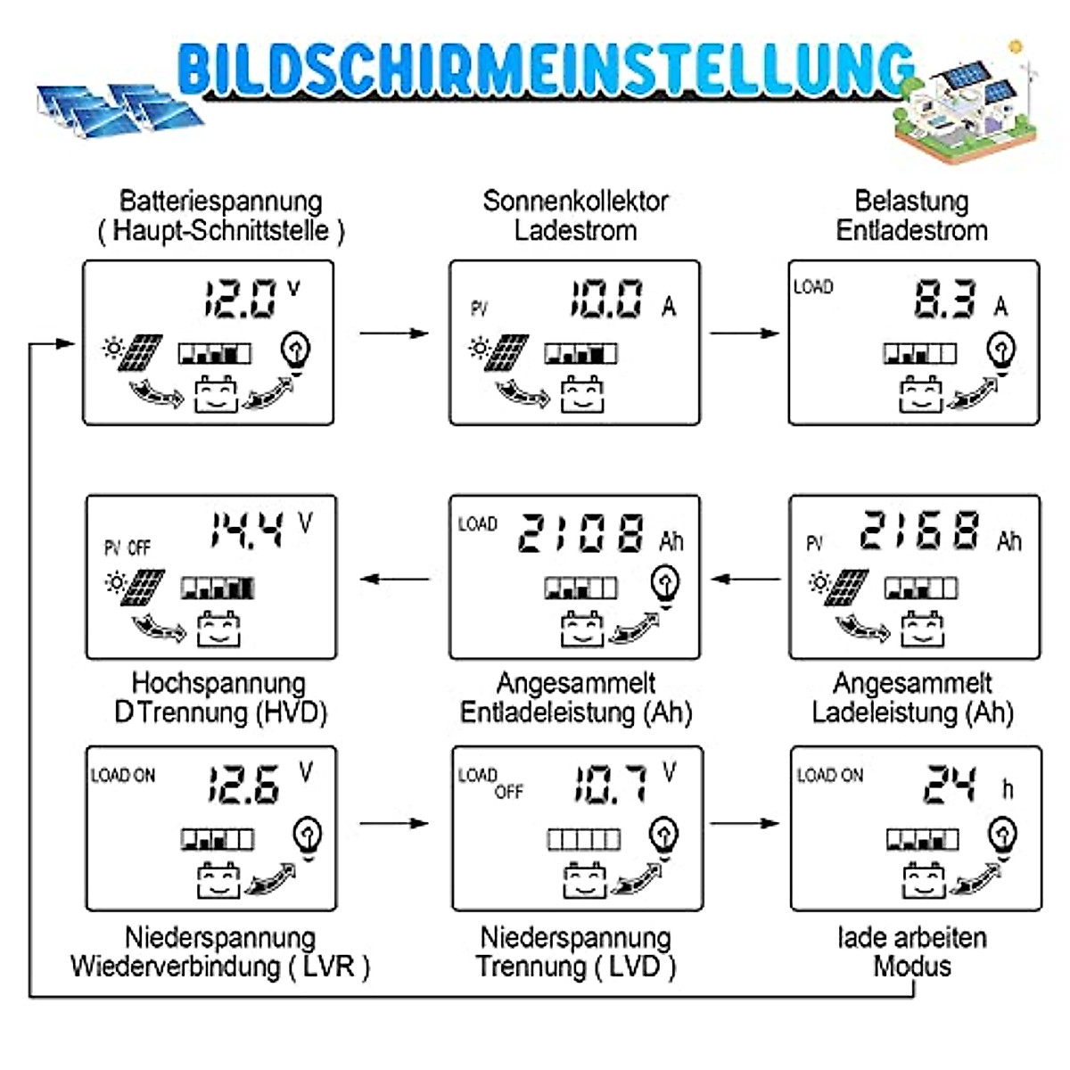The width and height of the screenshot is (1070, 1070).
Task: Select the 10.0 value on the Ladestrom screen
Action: (x=606, y=299)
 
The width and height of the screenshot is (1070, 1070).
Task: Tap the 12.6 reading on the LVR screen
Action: (x=243, y=785)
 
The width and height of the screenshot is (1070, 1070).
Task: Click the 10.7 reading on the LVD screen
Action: (x=609, y=783)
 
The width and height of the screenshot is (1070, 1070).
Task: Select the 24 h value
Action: (x=950, y=785)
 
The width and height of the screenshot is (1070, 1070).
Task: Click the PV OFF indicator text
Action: (x=128, y=547)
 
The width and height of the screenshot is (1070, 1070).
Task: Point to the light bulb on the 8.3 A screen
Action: (x=1001, y=351)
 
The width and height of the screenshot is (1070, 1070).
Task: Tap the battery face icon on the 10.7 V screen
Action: (x=584, y=880)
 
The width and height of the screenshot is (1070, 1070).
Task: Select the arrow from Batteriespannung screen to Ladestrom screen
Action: (x=394, y=333)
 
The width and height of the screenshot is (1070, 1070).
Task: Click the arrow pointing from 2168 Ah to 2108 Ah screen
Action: (x=746, y=580)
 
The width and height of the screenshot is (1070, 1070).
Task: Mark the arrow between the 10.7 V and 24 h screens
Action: (x=745, y=823)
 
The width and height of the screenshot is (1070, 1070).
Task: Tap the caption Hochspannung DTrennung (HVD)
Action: (x=219, y=697)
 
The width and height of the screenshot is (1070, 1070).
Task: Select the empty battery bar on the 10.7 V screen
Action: (x=583, y=839)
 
